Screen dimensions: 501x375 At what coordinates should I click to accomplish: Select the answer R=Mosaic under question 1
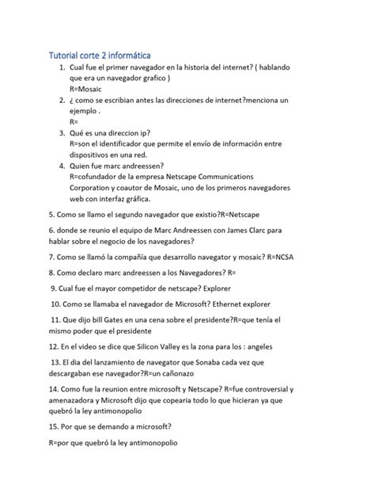tap(92, 90)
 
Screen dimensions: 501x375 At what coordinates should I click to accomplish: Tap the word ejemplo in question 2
tap(89, 112)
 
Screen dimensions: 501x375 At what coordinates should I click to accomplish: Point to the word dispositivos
tap(97, 155)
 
